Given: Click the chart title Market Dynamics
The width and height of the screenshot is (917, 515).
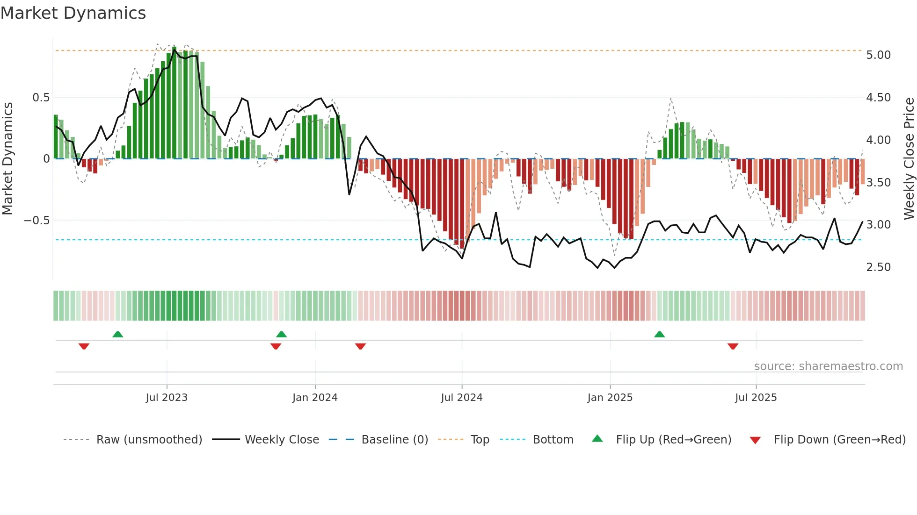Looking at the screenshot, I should pyautogui.click(x=73, y=13).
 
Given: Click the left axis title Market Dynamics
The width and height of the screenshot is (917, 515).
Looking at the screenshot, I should pyautogui.click(x=7, y=158).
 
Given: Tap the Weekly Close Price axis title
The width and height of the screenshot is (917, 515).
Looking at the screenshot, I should pyautogui.click(x=909, y=158).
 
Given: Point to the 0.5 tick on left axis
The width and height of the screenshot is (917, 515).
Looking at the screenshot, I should pyautogui.click(x=41, y=98).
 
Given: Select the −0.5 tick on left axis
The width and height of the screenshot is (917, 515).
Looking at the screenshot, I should pyautogui.click(x=36, y=220).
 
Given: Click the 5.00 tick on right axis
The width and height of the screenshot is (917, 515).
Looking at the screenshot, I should pyautogui.click(x=878, y=55).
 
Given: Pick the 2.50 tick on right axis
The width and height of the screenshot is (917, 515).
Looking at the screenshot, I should pyautogui.click(x=878, y=267).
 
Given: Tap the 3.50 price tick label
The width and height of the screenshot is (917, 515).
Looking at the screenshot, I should pyautogui.click(x=878, y=183).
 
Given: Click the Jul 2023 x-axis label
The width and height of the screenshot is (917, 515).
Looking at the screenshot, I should pyautogui.click(x=167, y=398).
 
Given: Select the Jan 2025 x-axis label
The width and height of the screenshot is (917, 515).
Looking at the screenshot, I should pyautogui.click(x=610, y=398).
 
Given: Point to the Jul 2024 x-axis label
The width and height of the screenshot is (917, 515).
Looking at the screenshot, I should pyautogui.click(x=461, y=398).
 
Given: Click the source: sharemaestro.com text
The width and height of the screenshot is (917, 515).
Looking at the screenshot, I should pyautogui.click(x=828, y=366).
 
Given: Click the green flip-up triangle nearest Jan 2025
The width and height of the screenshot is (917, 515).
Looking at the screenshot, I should pyautogui.click(x=659, y=335).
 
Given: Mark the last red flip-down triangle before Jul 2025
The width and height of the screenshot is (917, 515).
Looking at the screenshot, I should pyautogui.click(x=733, y=346).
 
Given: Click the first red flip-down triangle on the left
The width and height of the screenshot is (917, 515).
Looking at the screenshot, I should pyautogui.click(x=84, y=346).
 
